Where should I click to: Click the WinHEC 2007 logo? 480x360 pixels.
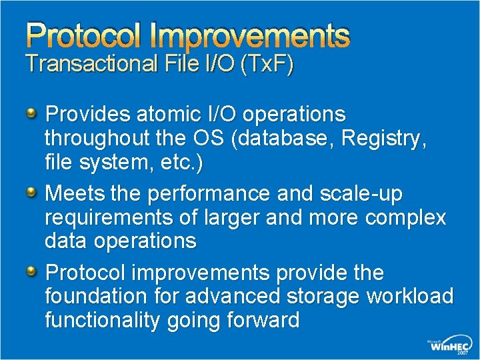coord(449,347)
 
